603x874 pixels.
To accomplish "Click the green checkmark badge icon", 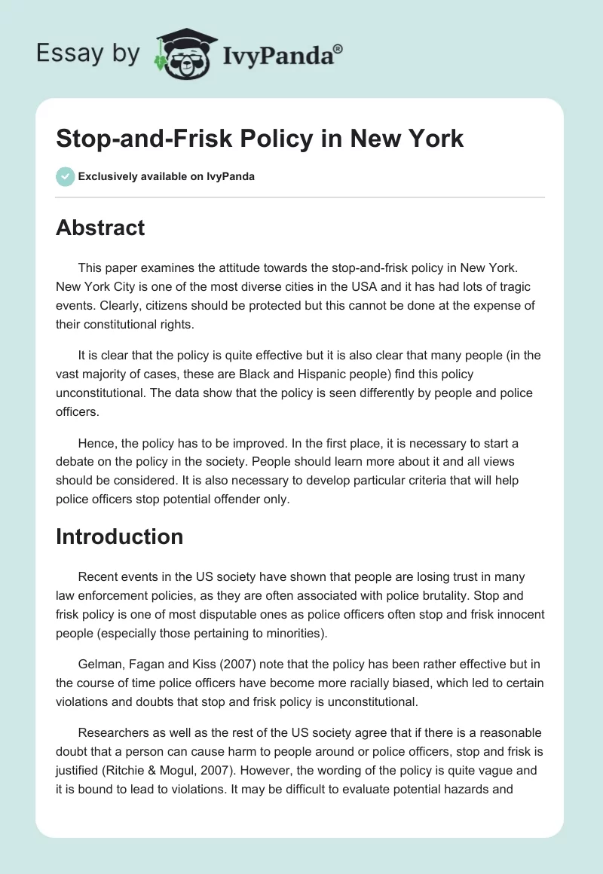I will pos(65,176).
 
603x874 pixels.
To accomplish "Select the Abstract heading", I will pos(100,228).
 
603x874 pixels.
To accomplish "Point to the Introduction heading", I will pos(120,536).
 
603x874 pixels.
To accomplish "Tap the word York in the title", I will pos(432,139).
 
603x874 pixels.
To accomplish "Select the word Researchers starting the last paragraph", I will pos(115,732).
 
